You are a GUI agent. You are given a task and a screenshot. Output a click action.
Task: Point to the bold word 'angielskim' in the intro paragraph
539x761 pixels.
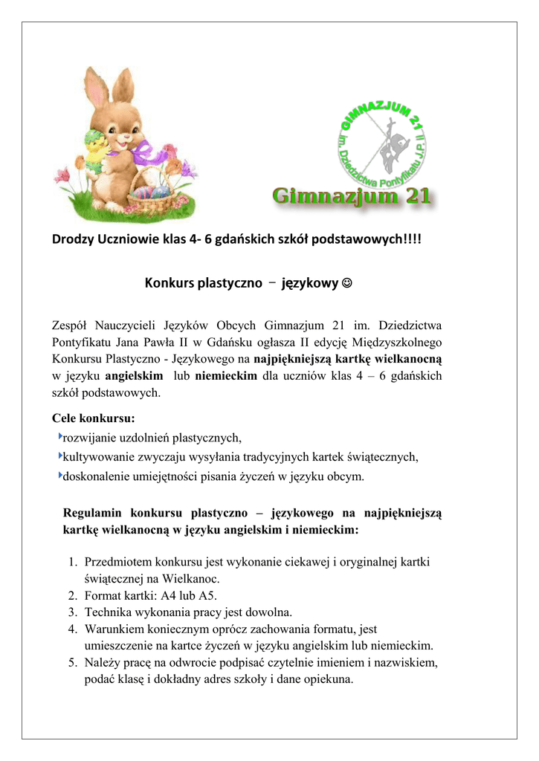pyautogui.click(x=135, y=376)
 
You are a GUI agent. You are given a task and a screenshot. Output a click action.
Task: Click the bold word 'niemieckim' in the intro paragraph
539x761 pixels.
pyautogui.click(x=226, y=376)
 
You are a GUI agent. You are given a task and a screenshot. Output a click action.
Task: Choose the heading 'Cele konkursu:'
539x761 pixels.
pyautogui.click(x=93, y=418)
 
